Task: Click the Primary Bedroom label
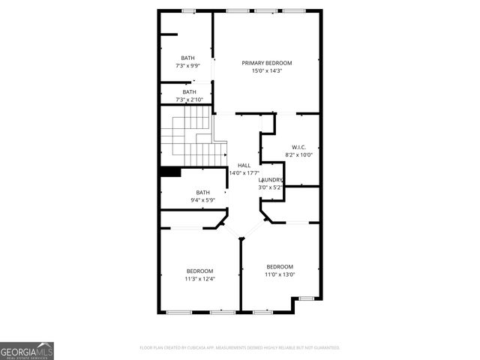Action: [266, 63]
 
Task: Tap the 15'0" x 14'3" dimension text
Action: [266, 71]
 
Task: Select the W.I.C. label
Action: [298, 147]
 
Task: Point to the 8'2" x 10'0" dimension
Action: [298, 155]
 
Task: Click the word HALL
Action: [244, 166]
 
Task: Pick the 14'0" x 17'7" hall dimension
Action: [244, 173]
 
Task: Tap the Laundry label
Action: [271, 180]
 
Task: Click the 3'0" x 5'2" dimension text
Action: [271, 187]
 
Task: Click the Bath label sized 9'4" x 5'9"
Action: [202, 192]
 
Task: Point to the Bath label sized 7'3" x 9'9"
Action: [187, 58]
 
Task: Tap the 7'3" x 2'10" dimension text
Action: [189, 100]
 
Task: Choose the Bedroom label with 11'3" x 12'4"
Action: [199, 271]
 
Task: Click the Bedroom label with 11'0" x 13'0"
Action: [280, 266]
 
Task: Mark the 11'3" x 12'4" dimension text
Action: [199, 279]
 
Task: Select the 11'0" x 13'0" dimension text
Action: [280, 274]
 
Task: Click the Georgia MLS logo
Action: [27, 350]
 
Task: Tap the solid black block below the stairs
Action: [170, 172]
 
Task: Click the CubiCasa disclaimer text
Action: [240, 348]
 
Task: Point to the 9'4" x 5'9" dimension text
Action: [202, 200]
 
